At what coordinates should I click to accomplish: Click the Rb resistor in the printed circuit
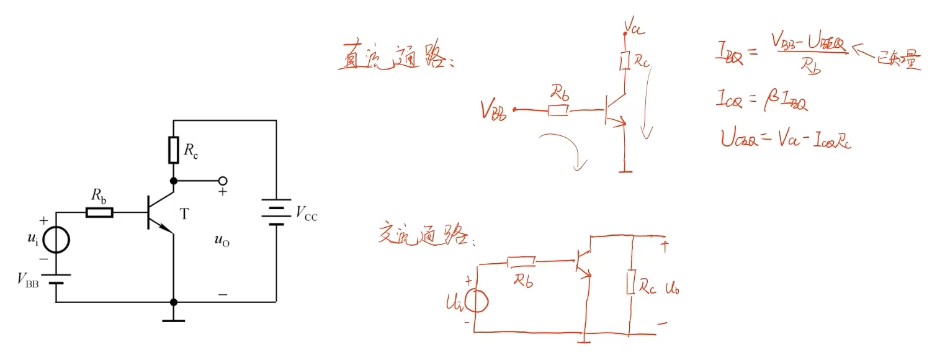tap(99, 213)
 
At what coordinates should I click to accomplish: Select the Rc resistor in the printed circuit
tap(174, 150)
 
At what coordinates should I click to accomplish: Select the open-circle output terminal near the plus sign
tap(222, 181)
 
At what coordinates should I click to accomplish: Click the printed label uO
tap(222, 241)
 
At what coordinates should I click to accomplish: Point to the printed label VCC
tap(306, 215)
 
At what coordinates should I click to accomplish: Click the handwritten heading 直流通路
tap(395, 57)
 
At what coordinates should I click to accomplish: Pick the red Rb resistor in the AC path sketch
tap(521, 263)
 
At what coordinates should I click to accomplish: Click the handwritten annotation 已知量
tap(897, 60)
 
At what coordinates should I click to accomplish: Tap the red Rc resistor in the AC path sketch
tap(632, 282)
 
